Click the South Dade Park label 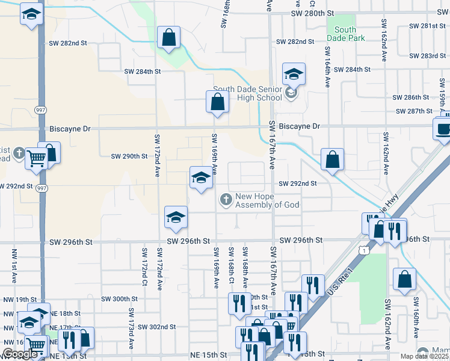pos(345,34)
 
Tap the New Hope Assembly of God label pos(263,201)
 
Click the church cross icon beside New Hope pos(226,199)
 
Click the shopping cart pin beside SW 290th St pos(36,159)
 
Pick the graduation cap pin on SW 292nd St pos(201,177)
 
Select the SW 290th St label pos(129,156)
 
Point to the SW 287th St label pos(415,111)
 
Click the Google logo pos(20,354)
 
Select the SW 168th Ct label pos(231,264)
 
